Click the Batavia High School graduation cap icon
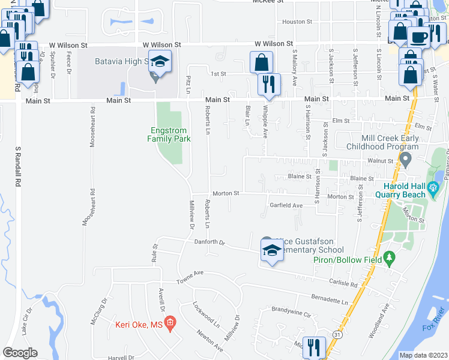[160, 62]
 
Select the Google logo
[20, 353]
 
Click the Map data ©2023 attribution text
[423, 355]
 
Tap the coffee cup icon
[418, 36]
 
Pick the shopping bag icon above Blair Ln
[262, 62]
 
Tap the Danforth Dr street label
[209, 242]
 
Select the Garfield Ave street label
[286, 205]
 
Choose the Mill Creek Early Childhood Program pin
[405, 161]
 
